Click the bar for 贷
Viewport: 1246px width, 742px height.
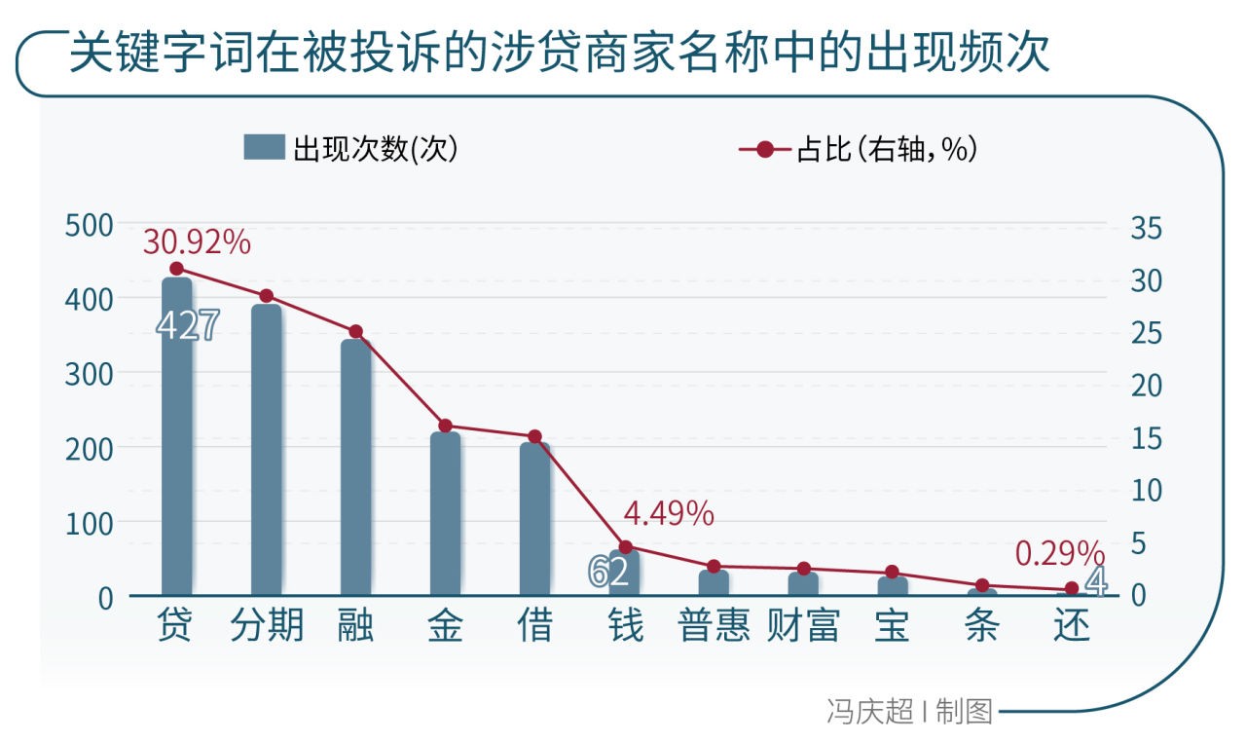coord(177,436)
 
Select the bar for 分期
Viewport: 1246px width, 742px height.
coord(267,450)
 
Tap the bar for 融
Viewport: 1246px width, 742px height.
coord(356,467)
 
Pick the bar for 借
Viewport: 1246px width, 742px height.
coord(535,519)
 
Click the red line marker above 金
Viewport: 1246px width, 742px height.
coord(446,427)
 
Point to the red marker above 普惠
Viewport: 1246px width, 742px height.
coord(715,567)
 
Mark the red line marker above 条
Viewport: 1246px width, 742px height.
coord(982,585)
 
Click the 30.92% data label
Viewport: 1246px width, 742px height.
coord(197,242)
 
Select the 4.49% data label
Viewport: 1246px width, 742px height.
coord(669,513)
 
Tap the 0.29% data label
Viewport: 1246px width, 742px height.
coord(1060,554)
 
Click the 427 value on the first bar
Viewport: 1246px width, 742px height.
coord(188,325)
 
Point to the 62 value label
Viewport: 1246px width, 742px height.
coord(608,572)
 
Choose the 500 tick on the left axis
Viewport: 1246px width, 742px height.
coord(89,226)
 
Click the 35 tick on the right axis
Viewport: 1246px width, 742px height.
coord(1147,228)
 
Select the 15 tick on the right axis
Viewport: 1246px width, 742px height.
coord(1147,438)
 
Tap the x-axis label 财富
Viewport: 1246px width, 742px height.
coord(803,625)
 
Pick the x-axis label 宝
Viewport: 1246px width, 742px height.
coord(893,625)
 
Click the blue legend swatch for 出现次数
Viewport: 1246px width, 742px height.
coord(264,147)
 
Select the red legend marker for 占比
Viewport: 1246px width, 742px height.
coord(765,149)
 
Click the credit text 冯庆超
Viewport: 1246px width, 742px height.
coord(870,712)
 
